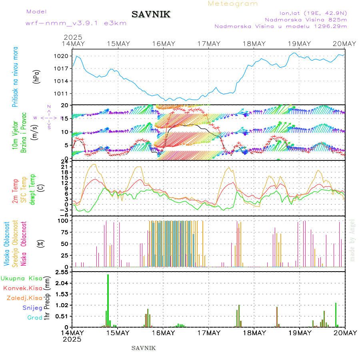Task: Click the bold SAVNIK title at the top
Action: (x=151, y=15)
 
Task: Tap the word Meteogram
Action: (x=233, y=4)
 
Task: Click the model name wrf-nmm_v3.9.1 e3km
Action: (x=76, y=23)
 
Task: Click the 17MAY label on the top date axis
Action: (x=209, y=44)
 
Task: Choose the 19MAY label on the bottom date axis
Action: (x=299, y=333)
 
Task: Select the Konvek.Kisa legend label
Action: (x=22, y=288)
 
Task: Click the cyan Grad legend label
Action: (x=35, y=318)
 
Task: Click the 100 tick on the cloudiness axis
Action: (x=63, y=220)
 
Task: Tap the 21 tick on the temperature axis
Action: (x=64, y=166)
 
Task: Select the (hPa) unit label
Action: (x=36, y=76)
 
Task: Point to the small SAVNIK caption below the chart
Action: (x=144, y=348)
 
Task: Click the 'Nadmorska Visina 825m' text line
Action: (x=306, y=19)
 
